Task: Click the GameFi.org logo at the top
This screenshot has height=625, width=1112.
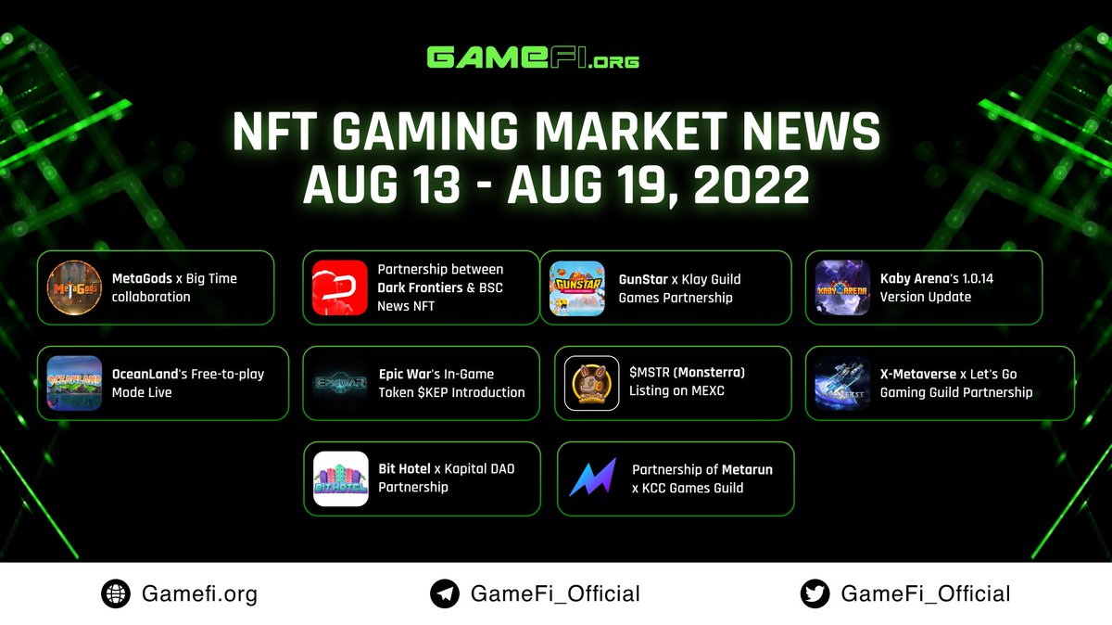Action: click(533, 57)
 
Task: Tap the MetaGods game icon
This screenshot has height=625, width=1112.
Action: click(74, 287)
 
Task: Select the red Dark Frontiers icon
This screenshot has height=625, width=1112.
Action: click(340, 287)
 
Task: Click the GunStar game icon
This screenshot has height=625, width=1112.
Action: click(577, 287)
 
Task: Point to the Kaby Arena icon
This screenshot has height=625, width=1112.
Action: click(842, 287)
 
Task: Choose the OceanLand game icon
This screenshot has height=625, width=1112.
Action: click(74, 383)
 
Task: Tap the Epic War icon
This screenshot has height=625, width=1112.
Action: click(340, 383)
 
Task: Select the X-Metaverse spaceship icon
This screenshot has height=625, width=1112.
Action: click(842, 383)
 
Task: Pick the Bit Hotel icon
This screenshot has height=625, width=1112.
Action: click(340, 478)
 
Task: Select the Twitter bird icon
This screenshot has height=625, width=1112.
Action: click(815, 593)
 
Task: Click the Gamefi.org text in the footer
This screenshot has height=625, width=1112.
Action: click(199, 593)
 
